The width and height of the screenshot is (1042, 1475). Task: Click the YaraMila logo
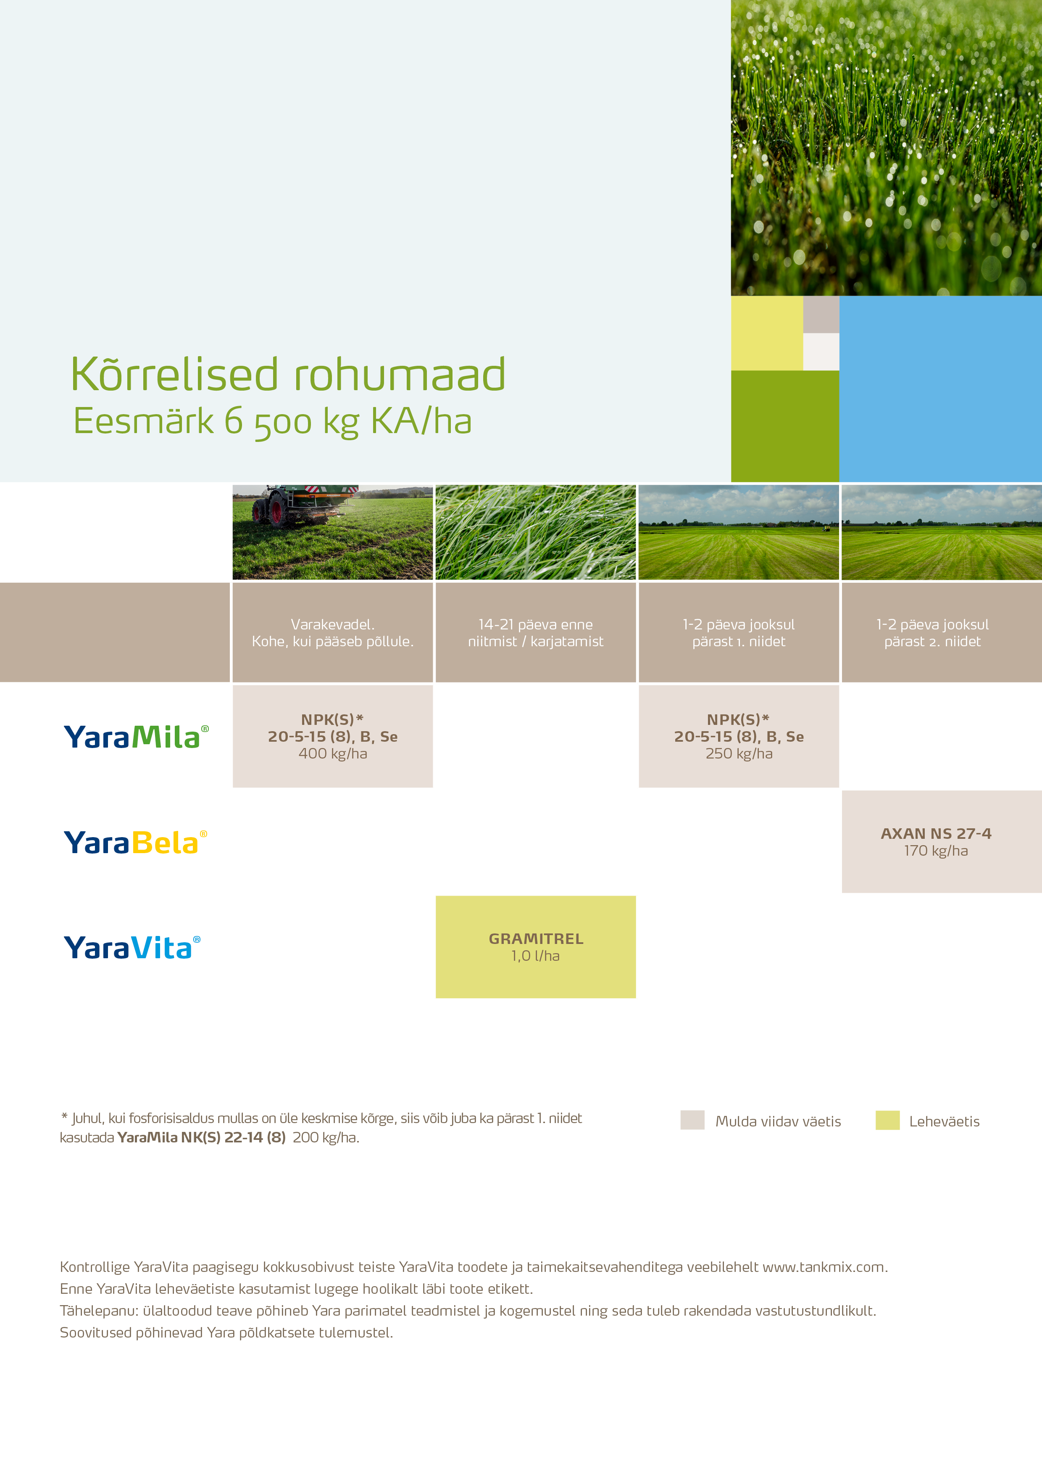tap(136, 737)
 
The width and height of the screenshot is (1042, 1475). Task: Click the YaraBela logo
tap(135, 842)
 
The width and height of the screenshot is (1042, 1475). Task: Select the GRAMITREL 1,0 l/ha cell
tap(535, 947)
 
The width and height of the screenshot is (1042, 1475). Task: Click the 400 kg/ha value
tap(333, 753)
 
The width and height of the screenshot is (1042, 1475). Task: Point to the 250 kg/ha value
tap(739, 753)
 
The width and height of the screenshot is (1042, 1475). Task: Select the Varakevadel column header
tap(333, 633)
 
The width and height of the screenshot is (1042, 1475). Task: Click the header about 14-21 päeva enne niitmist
tap(535, 633)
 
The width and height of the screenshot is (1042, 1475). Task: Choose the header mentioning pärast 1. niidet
tap(739, 633)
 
